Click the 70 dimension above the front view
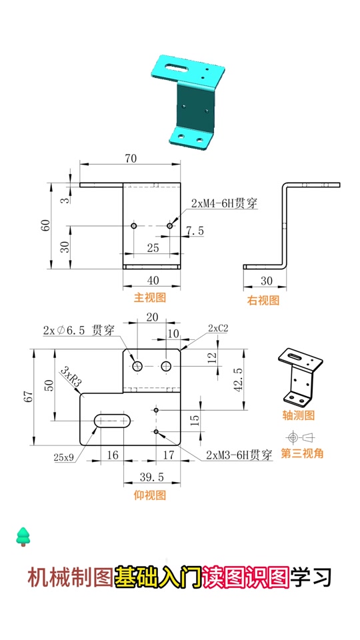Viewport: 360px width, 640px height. point(130,159)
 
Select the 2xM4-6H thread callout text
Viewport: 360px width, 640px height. point(224,203)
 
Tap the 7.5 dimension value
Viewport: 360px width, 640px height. point(195,231)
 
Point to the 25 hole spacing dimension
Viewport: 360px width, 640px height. point(153,247)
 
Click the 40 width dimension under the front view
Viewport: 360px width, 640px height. point(153,280)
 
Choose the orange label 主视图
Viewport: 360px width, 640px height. point(150,297)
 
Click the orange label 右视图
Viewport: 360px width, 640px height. point(263,300)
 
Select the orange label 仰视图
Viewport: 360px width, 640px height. point(150,495)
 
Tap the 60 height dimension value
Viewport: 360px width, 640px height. point(46,225)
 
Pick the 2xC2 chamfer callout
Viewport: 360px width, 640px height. point(218,328)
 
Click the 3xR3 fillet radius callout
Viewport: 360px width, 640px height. point(71,377)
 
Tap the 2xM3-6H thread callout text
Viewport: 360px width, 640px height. point(239,455)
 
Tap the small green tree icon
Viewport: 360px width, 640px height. point(23,535)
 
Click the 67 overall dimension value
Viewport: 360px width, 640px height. point(28,397)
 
